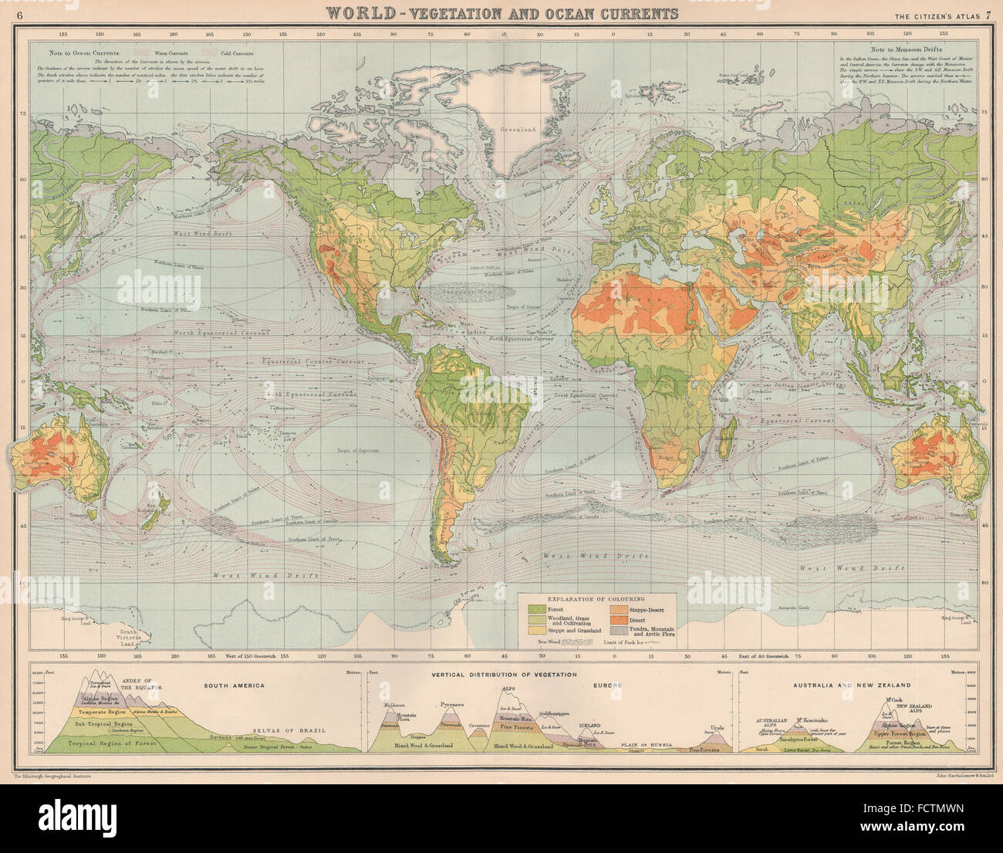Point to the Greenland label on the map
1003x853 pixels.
click(x=517, y=130)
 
